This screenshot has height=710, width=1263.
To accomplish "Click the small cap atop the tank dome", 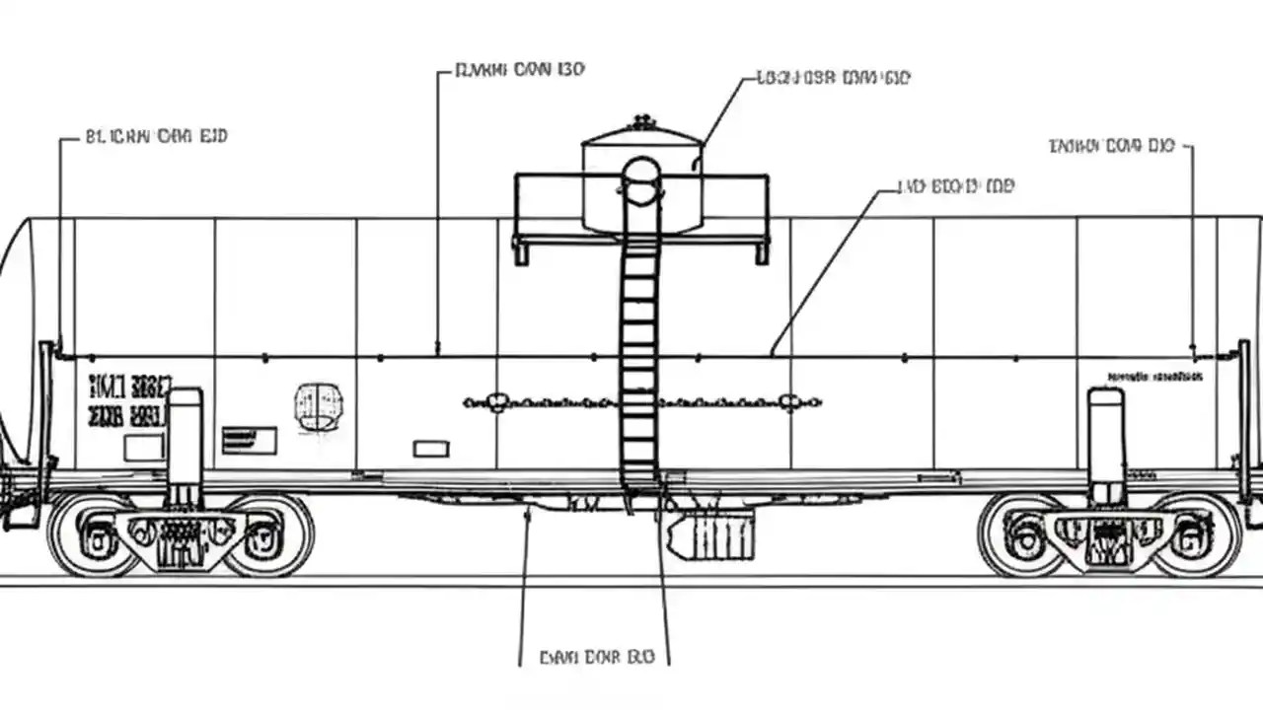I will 643,122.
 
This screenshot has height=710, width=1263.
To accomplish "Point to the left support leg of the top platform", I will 520,251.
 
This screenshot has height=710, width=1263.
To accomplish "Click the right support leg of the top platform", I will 762,251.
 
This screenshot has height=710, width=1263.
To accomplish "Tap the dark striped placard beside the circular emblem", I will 249,440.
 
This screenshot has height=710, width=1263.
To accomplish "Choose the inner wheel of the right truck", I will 1024,535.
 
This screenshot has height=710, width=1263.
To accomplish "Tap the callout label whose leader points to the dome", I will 832,77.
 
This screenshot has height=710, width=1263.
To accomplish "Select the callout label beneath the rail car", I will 596,656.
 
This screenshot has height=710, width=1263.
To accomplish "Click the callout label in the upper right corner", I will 1111,146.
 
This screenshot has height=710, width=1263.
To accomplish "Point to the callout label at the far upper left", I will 156,136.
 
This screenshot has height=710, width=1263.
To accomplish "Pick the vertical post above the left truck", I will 185,444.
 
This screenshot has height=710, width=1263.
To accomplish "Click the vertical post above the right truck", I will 1106,444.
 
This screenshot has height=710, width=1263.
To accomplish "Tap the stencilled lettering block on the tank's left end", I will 128,400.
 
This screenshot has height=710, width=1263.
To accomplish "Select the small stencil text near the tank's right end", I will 1154,377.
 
